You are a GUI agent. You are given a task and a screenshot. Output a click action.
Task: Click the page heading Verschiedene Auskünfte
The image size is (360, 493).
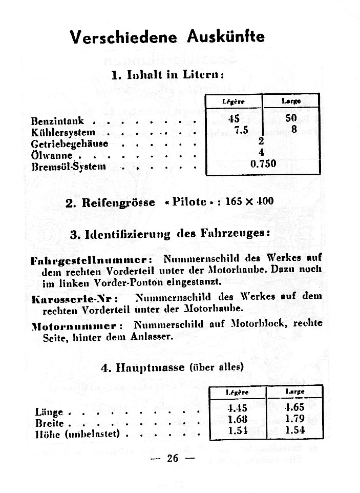[x=167, y=37]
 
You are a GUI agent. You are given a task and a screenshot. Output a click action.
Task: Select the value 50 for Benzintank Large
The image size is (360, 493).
[x=291, y=118]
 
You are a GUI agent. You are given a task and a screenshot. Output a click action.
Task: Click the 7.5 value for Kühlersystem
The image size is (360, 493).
[x=241, y=130]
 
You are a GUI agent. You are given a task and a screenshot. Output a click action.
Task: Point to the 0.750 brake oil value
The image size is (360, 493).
[x=263, y=164]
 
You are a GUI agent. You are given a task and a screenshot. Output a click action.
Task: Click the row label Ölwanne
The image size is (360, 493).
[x=51, y=155]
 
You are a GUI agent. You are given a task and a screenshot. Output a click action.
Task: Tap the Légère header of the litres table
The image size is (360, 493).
[x=234, y=101]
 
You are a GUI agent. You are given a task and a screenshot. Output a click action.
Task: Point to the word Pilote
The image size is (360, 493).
[x=189, y=201]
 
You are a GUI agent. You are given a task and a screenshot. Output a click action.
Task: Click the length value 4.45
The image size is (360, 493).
[x=237, y=408]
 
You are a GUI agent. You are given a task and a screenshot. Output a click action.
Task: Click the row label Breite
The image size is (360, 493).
[x=50, y=423]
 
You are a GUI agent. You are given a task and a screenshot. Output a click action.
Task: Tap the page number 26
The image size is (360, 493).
[x=173, y=458]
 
